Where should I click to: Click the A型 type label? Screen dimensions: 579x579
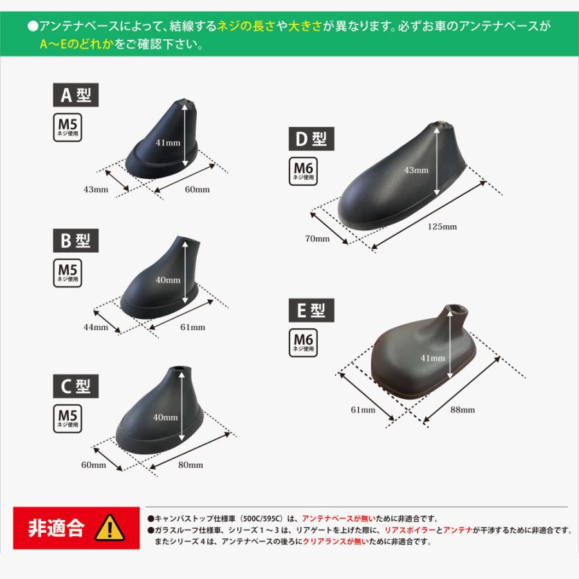click(76, 96)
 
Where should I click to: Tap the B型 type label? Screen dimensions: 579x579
click(76, 241)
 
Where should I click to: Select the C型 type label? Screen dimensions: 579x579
click(76, 386)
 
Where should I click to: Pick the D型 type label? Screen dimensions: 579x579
click(311, 138)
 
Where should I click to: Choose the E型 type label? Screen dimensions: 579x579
click(311, 311)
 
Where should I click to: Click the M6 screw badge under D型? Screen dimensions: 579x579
click(302, 171)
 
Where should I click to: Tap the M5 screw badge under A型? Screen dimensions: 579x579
click(67, 127)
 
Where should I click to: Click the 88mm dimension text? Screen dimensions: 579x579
click(463, 410)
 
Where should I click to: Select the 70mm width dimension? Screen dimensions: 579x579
click(318, 239)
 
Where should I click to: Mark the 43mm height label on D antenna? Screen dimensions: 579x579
click(416, 170)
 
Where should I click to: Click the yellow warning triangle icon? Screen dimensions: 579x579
click(110, 528)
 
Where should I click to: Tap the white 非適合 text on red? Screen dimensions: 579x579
click(56, 528)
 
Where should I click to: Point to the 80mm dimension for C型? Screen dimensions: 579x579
click(190, 465)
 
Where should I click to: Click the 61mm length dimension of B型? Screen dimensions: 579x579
click(193, 327)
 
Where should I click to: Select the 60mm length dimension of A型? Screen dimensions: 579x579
click(197, 190)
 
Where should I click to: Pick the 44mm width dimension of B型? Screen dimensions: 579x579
click(96, 327)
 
